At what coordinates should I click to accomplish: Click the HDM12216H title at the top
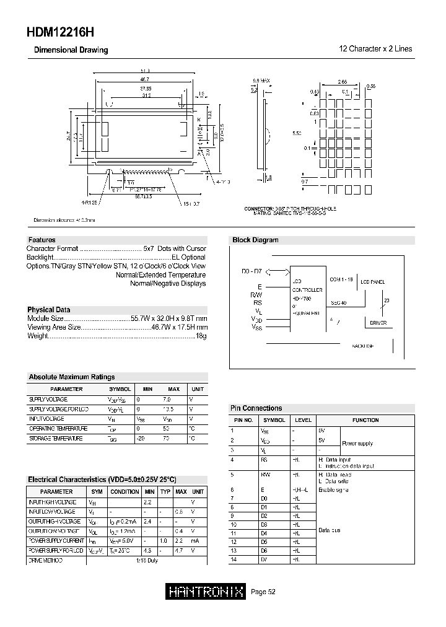pyautogui.click(x=61, y=32)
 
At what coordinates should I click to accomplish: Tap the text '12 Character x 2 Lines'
pyautogui.click(x=375, y=49)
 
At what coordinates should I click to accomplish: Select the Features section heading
pyautogui.click(x=42, y=240)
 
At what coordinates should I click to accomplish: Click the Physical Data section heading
pyautogui.click(x=48, y=310)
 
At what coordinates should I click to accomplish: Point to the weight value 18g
pyautogui.click(x=201, y=335)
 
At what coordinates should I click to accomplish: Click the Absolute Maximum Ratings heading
pyautogui.click(x=71, y=377)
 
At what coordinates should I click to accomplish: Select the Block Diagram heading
pyautogui.click(x=255, y=240)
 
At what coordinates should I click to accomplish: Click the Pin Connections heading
pyautogui.click(x=256, y=408)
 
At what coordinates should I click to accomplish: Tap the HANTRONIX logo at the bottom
pyautogui.click(x=207, y=592)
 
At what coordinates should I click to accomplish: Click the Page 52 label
pyautogui.click(x=263, y=592)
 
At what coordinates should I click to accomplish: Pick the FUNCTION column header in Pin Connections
pyautogui.click(x=365, y=420)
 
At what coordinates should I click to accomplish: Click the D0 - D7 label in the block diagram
pyautogui.click(x=251, y=271)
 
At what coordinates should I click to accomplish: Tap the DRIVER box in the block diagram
pyautogui.click(x=378, y=323)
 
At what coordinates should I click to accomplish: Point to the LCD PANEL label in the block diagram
pyautogui.click(x=372, y=281)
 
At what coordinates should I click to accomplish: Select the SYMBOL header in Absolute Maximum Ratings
pyautogui.click(x=120, y=389)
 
